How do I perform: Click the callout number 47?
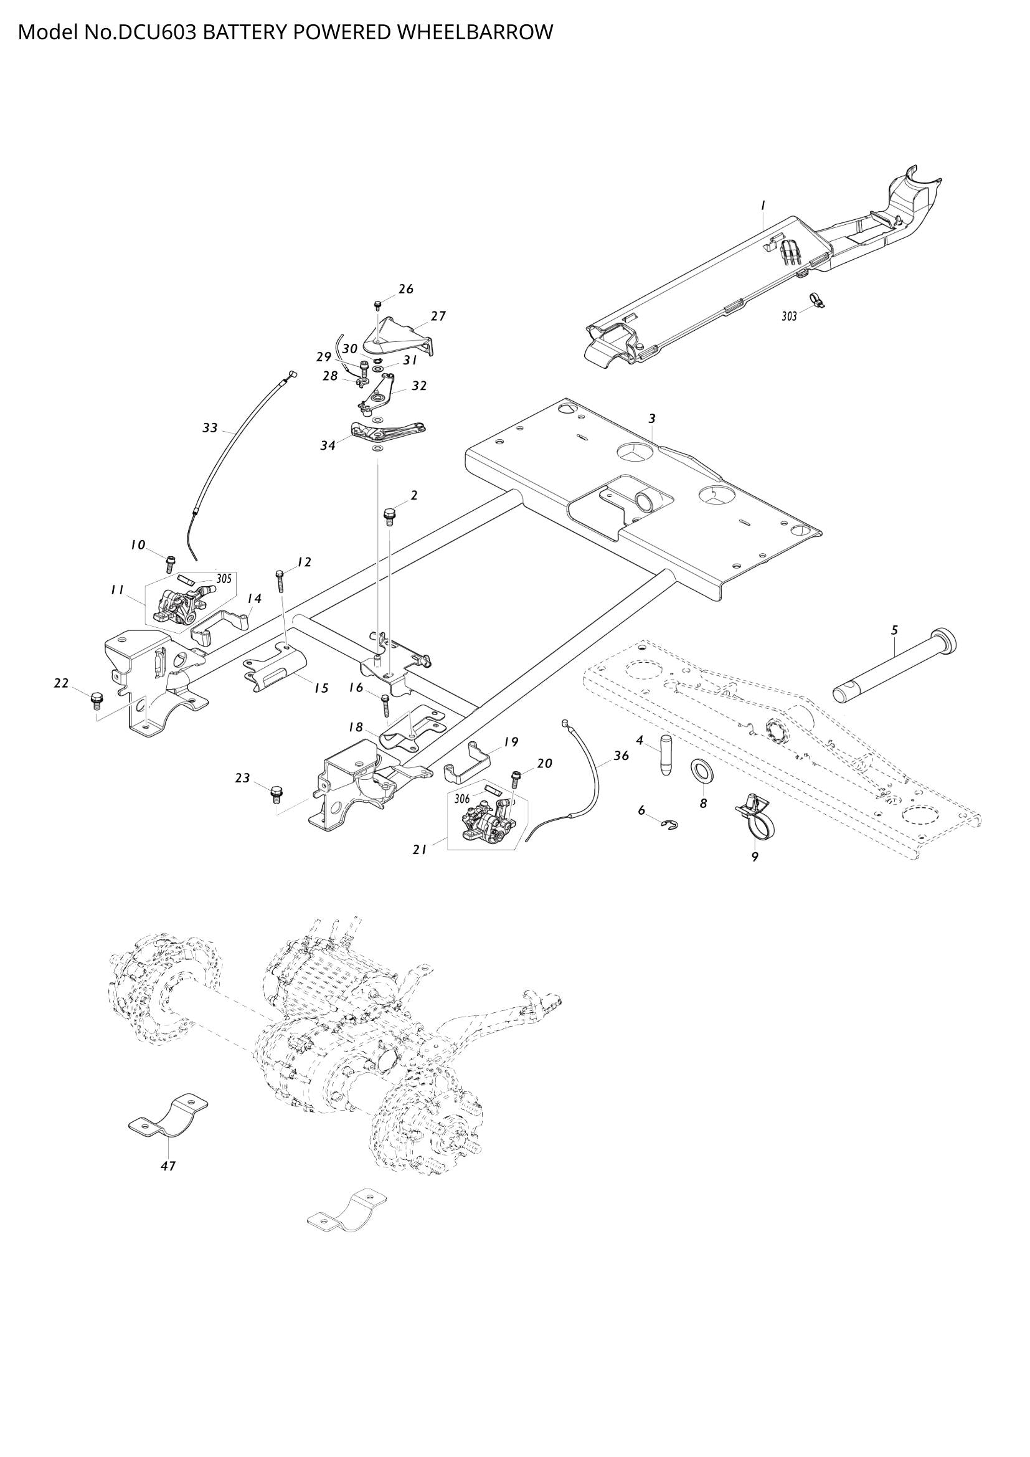[x=168, y=1165]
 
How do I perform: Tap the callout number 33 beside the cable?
[x=210, y=429]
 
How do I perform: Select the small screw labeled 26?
[x=378, y=305]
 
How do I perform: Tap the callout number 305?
[x=224, y=579]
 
